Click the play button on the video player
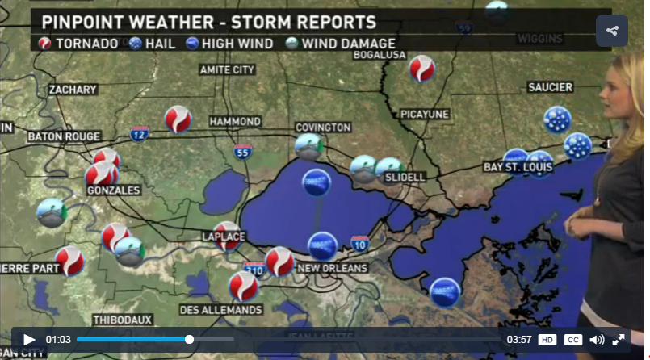pyautogui.click(x=29, y=340)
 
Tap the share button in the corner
pyautogui.click(x=611, y=31)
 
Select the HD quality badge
pyautogui.click(x=547, y=340)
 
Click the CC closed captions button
pyautogui.click(x=572, y=340)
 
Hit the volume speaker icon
pyautogui.click(x=597, y=340)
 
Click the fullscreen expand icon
pyautogui.click(x=619, y=340)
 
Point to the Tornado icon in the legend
pyautogui.click(x=46, y=44)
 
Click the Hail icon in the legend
pyautogui.click(x=136, y=44)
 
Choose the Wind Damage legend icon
pyautogui.click(x=291, y=44)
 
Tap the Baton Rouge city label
pyautogui.click(x=64, y=136)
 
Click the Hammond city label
pyautogui.click(x=235, y=121)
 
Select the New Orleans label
pyautogui.click(x=333, y=268)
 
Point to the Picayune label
pyautogui.click(x=424, y=115)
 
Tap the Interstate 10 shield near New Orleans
pyautogui.click(x=360, y=243)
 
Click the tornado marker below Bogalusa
pyautogui.click(x=421, y=69)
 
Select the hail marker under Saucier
pyautogui.click(x=557, y=120)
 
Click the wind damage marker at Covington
pyautogui.click(x=308, y=147)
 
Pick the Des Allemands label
pyautogui.click(x=220, y=310)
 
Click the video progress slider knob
pyautogui.click(x=189, y=340)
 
